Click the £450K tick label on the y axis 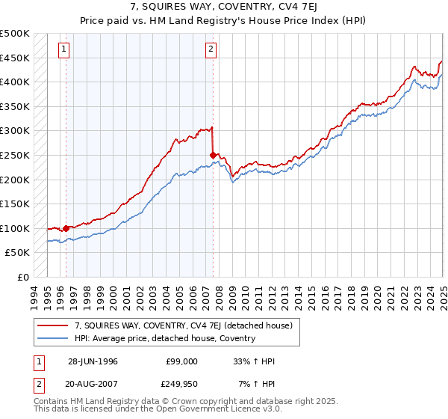[x=15, y=58]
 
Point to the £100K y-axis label [x=15, y=228]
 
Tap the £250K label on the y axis [x=15, y=155]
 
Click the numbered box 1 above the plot [x=65, y=50]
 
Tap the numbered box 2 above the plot [x=211, y=50]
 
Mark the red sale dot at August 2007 [x=214, y=155]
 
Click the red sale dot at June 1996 [x=66, y=228]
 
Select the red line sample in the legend [x=54, y=325]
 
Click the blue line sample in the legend [x=54, y=338]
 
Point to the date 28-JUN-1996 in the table [x=93, y=361]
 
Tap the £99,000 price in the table [x=182, y=361]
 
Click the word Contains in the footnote [x=51, y=402]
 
